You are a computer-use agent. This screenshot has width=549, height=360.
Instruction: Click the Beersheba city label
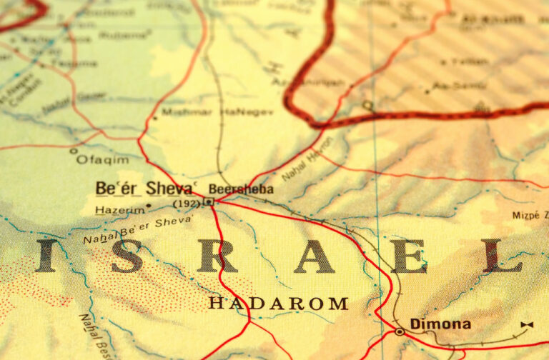(240, 189)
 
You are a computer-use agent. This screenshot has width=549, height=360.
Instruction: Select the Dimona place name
(440, 324)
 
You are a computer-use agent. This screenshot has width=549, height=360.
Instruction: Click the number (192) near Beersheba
(186, 204)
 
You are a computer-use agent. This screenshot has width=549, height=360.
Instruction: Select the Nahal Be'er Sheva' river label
(137, 229)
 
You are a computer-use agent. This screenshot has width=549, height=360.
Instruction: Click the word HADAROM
(278, 304)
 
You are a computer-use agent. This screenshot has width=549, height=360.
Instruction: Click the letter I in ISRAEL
(46, 256)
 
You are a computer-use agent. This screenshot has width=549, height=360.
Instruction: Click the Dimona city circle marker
(399, 331)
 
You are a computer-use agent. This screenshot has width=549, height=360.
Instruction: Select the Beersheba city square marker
(209, 202)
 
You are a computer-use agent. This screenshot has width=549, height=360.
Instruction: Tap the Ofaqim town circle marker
(73, 151)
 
